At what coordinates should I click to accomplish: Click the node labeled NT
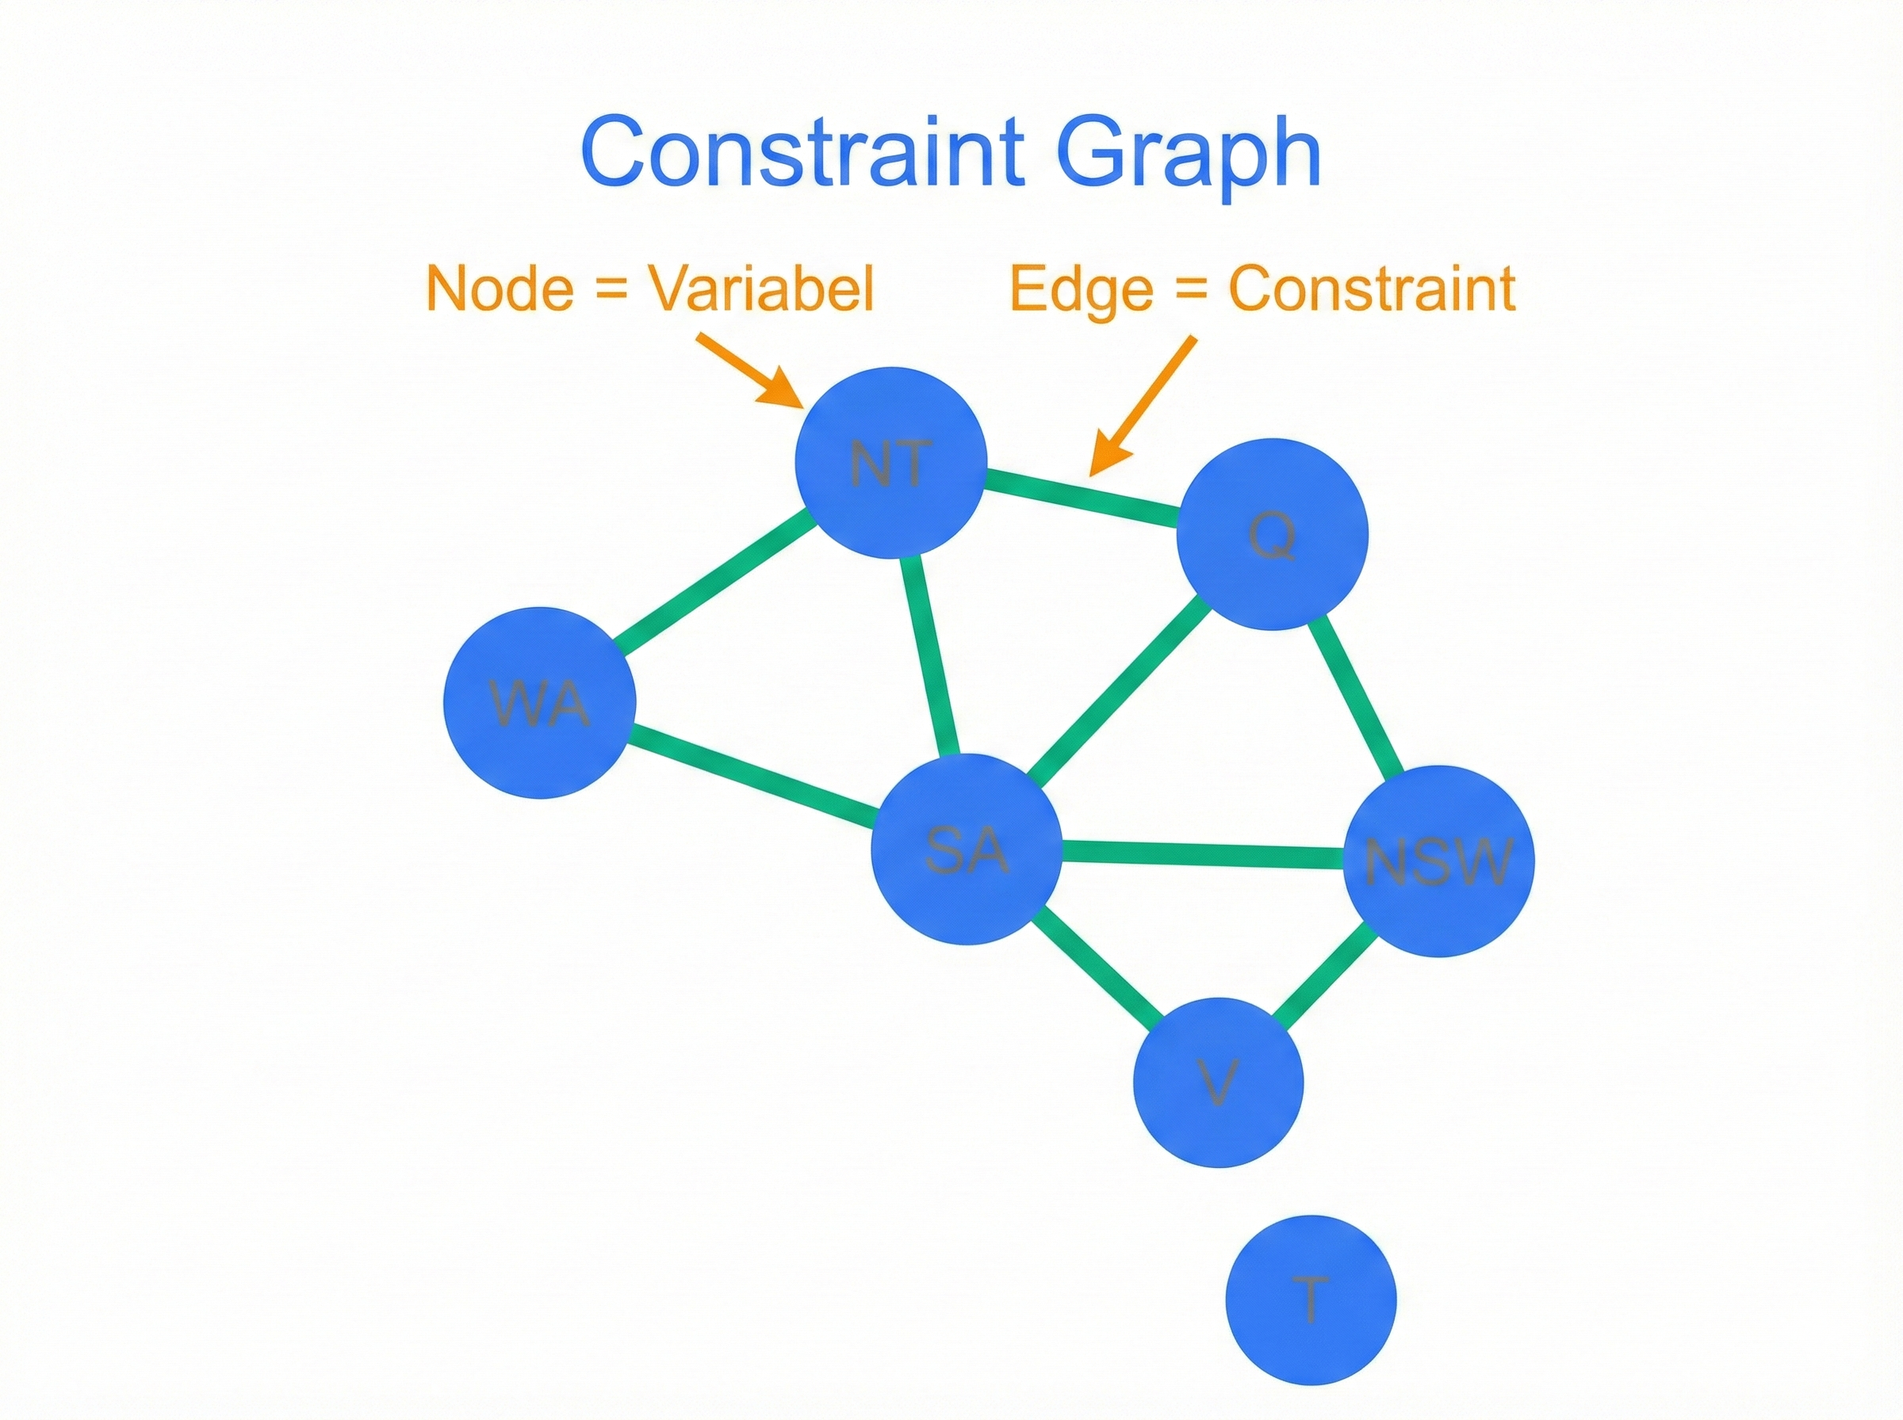[890, 464]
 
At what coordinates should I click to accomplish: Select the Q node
[1272, 535]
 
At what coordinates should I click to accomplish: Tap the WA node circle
[539, 702]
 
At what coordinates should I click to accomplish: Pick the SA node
[966, 849]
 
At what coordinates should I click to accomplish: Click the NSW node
[1438, 861]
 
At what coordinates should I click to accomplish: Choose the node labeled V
[1219, 1082]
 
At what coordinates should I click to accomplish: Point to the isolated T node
[1311, 1300]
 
